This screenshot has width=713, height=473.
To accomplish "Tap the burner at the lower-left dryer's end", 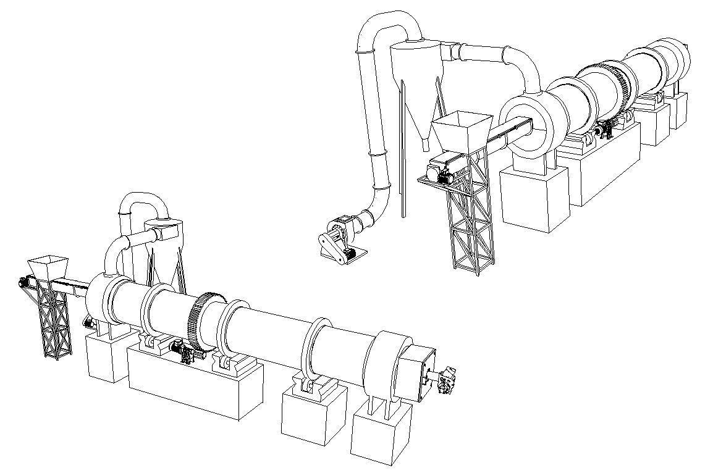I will (446, 379).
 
